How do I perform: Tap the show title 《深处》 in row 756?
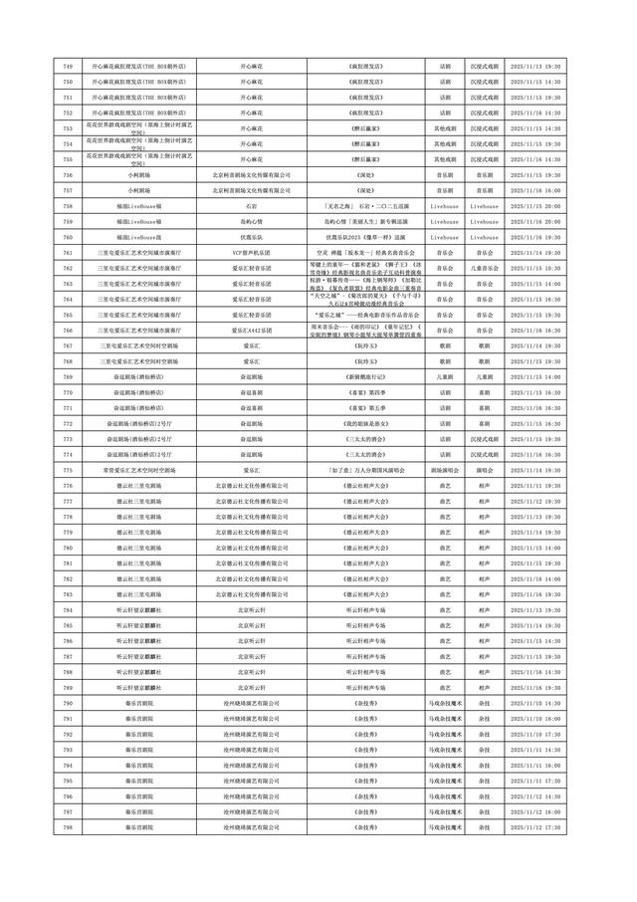click(x=363, y=174)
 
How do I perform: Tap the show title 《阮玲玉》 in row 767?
click(x=363, y=345)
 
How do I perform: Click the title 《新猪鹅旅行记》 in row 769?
click(x=363, y=376)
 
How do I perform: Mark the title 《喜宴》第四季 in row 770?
click(x=363, y=392)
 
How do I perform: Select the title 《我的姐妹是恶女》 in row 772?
click(x=363, y=423)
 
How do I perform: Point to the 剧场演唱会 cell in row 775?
click(x=444, y=469)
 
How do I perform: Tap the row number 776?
click(x=68, y=485)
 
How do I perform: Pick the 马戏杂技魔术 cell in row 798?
click(x=444, y=826)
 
